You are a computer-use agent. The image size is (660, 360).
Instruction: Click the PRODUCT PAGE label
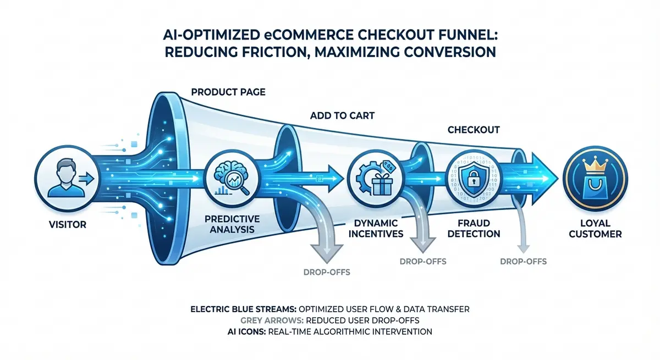(228, 92)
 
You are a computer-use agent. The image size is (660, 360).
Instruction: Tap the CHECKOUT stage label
(472, 130)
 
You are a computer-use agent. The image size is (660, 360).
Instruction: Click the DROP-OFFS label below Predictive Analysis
(327, 272)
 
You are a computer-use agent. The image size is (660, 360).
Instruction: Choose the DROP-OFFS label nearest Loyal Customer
(523, 261)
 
